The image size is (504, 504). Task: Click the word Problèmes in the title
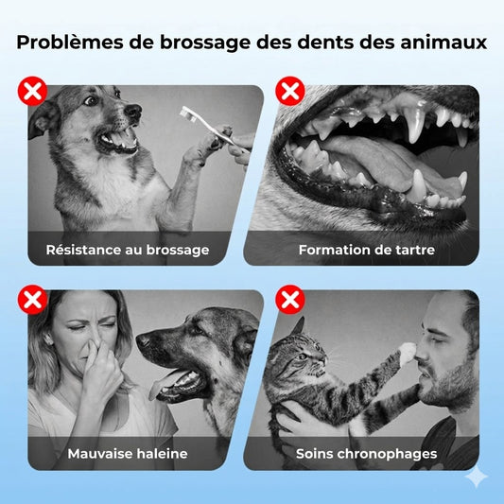pyautogui.click(x=70, y=43)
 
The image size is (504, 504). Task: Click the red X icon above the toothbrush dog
pyautogui.click(x=32, y=91)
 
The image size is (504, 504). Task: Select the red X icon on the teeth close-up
pyautogui.click(x=290, y=91)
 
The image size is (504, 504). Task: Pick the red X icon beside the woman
pyautogui.click(x=32, y=300)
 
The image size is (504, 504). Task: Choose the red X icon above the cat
pyautogui.click(x=290, y=300)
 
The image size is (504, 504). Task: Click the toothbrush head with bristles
pyautogui.click(x=188, y=114)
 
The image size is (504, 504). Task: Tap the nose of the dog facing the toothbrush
pyautogui.click(x=133, y=111)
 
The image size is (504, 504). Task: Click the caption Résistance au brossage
pyautogui.click(x=128, y=250)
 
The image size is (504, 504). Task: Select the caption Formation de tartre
pyautogui.click(x=367, y=250)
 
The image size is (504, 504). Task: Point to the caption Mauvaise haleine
pyautogui.click(x=128, y=454)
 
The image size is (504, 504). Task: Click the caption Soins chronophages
pyautogui.click(x=367, y=454)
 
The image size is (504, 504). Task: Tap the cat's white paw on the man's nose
pyautogui.click(x=408, y=352)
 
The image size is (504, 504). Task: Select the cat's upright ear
pyautogui.click(x=298, y=326)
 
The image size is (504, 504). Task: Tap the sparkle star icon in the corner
pyautogui.click(x=477, y=477)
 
